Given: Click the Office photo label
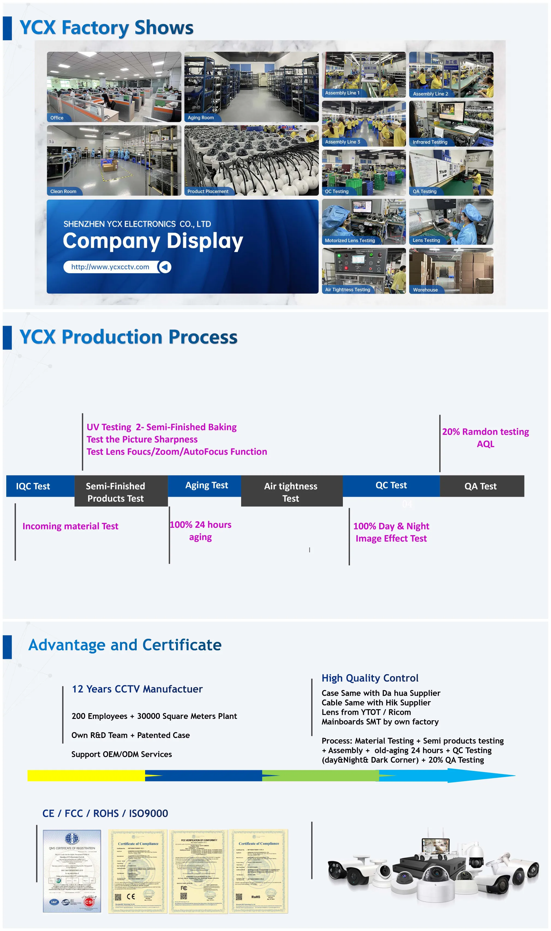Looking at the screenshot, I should pos(57,117).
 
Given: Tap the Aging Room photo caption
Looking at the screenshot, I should pos(200,117).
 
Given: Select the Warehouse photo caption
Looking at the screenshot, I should pos(425,290).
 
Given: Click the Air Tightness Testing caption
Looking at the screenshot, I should pos(348,290).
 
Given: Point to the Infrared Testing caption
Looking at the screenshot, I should pos(430,142).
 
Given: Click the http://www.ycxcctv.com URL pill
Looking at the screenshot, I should pos(110,267).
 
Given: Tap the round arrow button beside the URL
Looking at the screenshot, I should pos(165,267).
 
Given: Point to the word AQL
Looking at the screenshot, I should pos(485,444).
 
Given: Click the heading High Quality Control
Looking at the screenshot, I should pos(370,678).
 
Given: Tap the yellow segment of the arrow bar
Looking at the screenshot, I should pos(85,776).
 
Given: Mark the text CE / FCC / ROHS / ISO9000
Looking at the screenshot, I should pos(105,814).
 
